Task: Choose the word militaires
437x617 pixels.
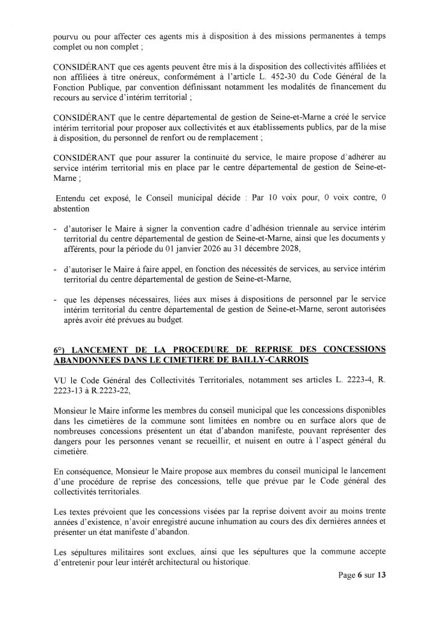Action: point(119,552)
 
